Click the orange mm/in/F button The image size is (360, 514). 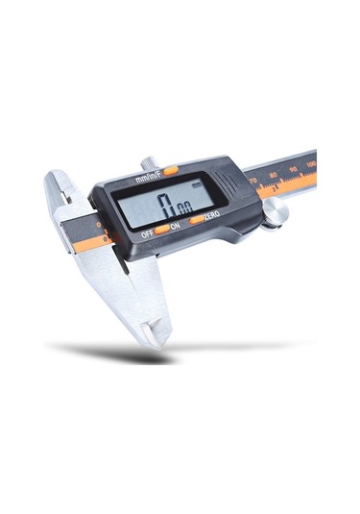click(x=170, y=170)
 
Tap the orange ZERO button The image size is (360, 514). click(x=196, y=219)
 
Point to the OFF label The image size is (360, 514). click(x=148, y=233)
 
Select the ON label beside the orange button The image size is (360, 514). click(x=175, y=227)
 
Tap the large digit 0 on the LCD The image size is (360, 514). click(x=165, y=205)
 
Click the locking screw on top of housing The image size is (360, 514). click(x=148, y=164)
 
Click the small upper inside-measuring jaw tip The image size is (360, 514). click(x=55, y=183)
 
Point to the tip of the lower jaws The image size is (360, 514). click(x=155, y=334)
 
